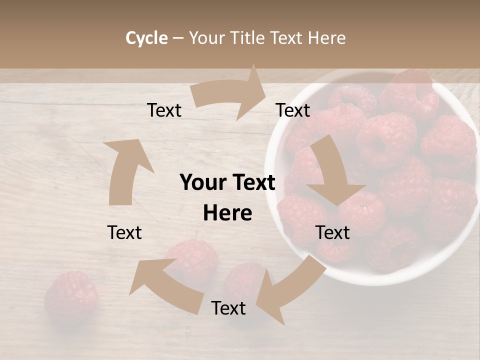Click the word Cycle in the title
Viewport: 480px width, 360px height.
tap(146, 38)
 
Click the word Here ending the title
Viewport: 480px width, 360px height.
tap(328, 38)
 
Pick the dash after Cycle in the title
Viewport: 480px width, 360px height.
tap(178, 38)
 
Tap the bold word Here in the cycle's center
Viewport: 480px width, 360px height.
tap(227, 213)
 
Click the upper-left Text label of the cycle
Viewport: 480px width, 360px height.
tap(164, 110)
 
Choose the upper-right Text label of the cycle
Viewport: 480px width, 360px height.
tap(292, 110)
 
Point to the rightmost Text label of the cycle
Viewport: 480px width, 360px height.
tap(332, 232)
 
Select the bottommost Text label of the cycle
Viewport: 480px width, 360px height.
tap(228, 308)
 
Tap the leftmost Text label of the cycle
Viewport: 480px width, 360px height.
tap(124, 232)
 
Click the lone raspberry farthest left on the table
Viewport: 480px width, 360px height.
tap(70, 295)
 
